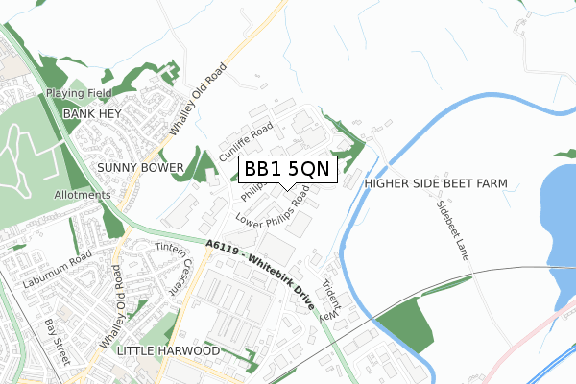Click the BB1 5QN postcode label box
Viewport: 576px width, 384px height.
pos(287,169)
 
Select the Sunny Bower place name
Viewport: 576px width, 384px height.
pos(140,167)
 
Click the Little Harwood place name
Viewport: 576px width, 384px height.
pos(167,352)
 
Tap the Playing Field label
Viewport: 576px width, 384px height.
pos(79,94)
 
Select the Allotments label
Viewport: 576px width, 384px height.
pos(82,194)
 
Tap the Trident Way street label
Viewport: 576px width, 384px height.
pos(330,300)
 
